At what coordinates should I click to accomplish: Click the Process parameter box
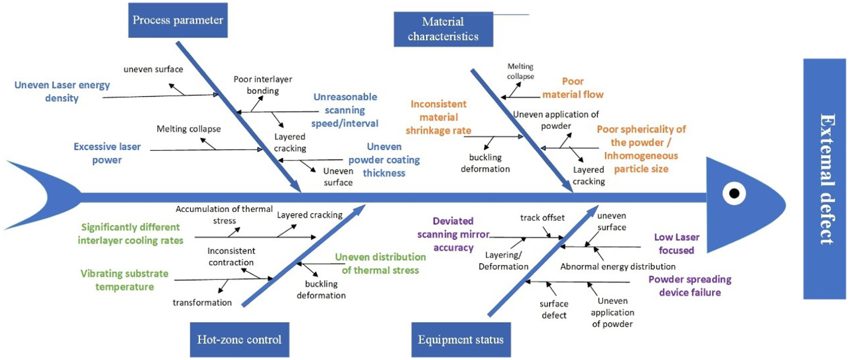pyautogui.click(x=178, y=20)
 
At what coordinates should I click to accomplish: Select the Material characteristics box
pyautogui.click(x=443, y=29)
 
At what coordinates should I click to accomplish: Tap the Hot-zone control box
pyautogui.click(x=239, y=339)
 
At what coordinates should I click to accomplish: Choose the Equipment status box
pyautogui.click(x=461, y=339)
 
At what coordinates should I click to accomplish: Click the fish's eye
pyautogui.click(x=734, y=193)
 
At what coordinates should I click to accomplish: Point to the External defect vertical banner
pyautogui.click(x=825, y=179)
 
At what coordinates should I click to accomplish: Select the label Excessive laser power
pyautogui.click(x=107, y=153)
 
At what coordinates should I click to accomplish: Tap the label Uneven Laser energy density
pyautogui.click(x=62, y=91)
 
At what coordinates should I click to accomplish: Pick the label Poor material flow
pyautogui.click(x=573, y=88)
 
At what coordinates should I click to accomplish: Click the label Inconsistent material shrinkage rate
pyautogui.click(x=439, y=117)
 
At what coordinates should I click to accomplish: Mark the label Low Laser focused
pyautogui.click(x=677, y=244)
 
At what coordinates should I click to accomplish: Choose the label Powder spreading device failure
pyautogui.click(x=690, y=286)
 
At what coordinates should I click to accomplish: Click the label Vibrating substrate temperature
pyautogui.click(x=124, y=280)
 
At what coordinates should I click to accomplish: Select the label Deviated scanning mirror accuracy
pyautogui.click(x=453, y=234)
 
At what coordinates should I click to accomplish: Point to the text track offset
pyautogui.click(x=542, y=218)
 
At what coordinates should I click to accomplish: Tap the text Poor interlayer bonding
pyautogui.click(x=263, y=85)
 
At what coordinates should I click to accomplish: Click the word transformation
pyautogui.click(x=202, y=302)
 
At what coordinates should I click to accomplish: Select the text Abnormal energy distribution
pyautogui.click(x=618, y=267)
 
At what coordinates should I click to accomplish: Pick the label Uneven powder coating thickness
pyautogui.click(x=384, y=160)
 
